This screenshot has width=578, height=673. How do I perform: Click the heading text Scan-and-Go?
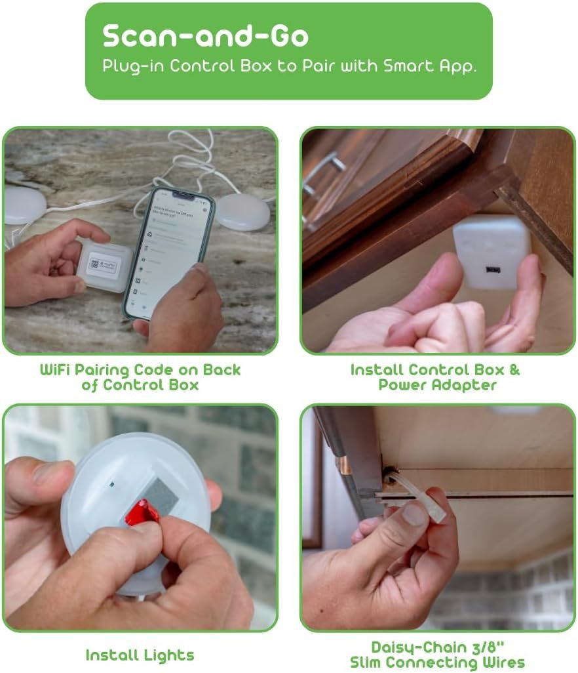205,37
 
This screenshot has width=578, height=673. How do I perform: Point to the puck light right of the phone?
242,211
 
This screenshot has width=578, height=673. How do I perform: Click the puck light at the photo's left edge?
25,205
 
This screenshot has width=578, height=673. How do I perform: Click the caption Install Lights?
140,655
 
